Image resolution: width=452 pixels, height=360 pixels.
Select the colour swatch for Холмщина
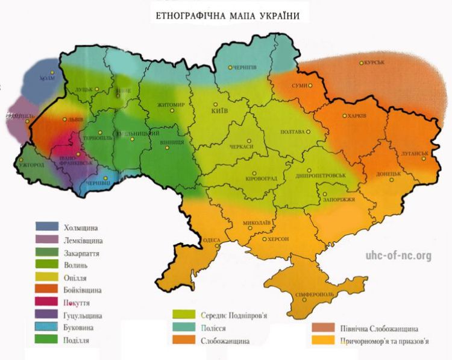point(47,227)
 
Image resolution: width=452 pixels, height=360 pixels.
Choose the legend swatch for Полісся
point(183,327)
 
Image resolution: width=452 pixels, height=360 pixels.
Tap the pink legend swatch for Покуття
point(47,302)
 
